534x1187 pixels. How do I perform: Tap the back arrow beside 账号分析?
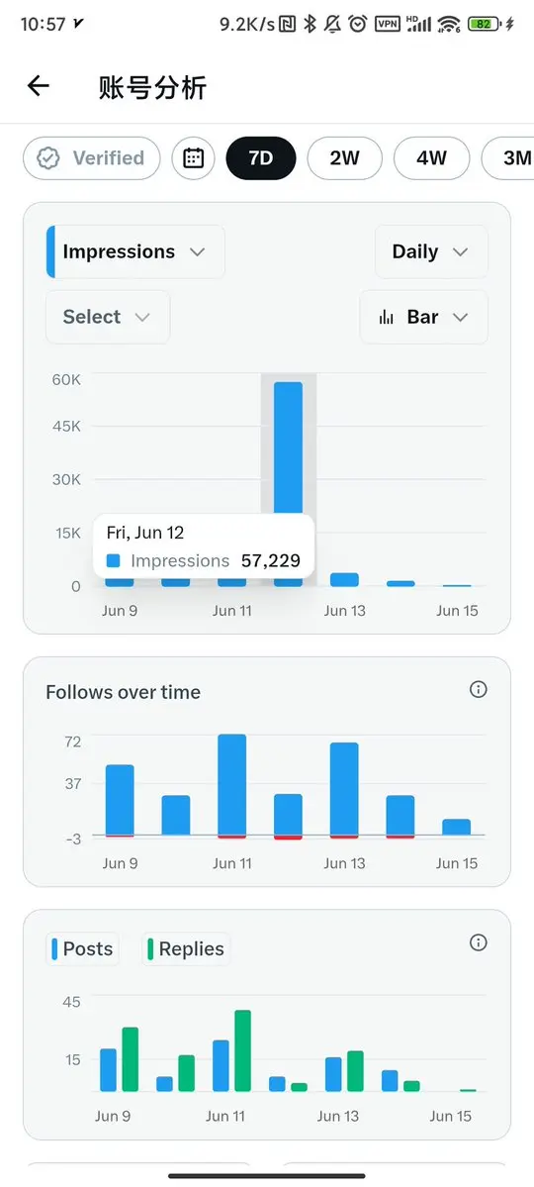38,86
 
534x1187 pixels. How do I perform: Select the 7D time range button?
261,158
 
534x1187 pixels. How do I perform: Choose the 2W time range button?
345,158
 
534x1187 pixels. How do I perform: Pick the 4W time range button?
432,158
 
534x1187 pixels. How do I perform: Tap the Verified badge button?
92,158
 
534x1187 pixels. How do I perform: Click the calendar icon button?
194,158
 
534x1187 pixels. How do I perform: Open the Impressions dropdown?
135,251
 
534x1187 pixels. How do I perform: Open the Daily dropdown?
431,251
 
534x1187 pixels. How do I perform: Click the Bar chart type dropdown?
423,317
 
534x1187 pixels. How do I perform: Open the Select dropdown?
108,317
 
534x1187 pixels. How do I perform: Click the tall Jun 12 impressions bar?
288,446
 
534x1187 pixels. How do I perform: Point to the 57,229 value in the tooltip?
271,561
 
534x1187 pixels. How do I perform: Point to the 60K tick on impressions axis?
66,380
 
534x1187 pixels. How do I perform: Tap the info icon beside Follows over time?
478,690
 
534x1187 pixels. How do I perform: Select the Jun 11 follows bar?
232,786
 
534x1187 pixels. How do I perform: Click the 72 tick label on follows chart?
72,742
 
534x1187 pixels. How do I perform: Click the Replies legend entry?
186,948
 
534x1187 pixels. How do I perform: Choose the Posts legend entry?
82,948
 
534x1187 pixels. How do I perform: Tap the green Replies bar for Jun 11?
243,1050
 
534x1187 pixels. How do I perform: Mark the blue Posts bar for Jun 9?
108,1069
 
